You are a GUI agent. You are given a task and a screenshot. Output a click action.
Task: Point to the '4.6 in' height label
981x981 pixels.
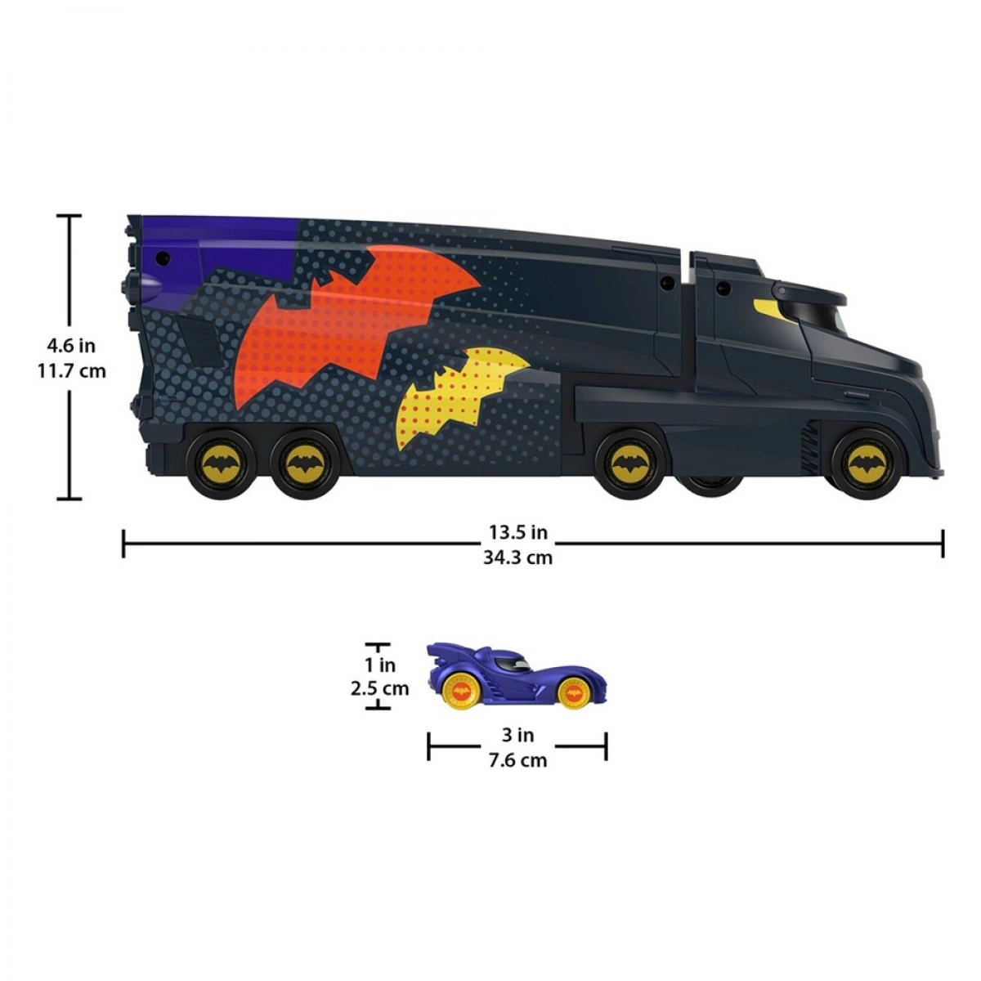71,346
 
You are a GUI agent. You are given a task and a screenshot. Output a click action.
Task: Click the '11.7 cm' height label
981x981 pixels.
72,371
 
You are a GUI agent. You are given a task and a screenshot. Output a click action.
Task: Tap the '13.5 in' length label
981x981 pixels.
518,532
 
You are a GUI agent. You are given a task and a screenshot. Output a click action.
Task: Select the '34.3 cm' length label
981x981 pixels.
517,558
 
